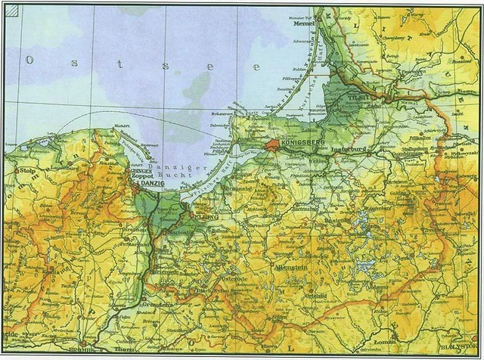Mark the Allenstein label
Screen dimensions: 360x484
(288, 267)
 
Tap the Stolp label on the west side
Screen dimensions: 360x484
(28, 171)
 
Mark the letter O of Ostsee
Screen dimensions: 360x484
(29, 59)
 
